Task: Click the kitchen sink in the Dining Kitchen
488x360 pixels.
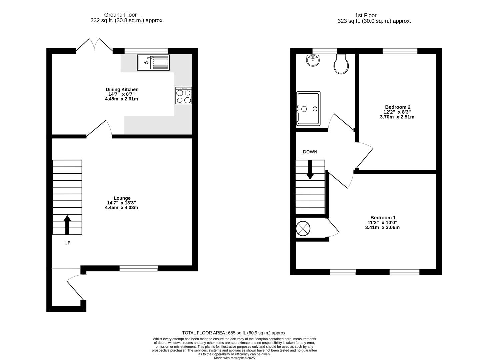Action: click(153, 63)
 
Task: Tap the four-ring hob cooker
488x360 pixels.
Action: click(184, 95)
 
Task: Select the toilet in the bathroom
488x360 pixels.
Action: click(341, 64)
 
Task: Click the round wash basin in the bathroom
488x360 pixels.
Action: click(313, 60)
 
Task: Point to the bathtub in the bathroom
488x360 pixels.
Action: click(308, 109)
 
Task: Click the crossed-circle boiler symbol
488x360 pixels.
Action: click(303, 229)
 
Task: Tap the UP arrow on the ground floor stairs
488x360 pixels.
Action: click(67, 225)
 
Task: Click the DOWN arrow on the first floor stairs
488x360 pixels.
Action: click(310, 170)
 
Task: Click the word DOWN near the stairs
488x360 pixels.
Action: click(310, 152)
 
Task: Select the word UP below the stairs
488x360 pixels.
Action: click(67, 243)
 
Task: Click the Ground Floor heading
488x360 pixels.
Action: click(120, 15)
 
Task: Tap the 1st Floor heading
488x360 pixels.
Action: click(366, 15)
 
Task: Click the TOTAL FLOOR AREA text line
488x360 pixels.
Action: click(234, 333)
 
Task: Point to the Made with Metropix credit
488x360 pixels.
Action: click(234, 358)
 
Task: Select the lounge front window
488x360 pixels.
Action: click(139, 268)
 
